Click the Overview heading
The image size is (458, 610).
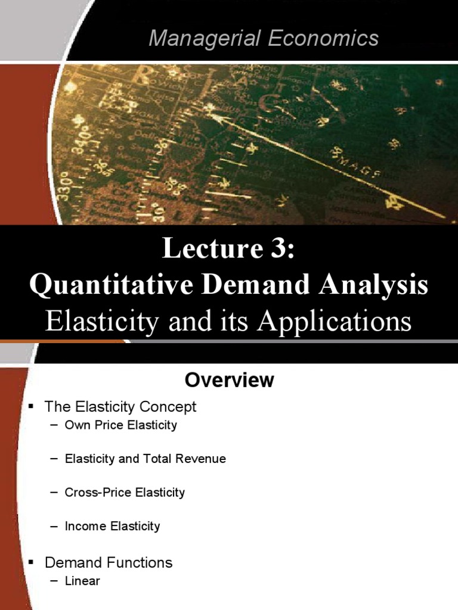tap(229, 380)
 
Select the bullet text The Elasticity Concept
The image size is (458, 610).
tap(120, 407)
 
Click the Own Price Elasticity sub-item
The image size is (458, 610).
tap(121, 425)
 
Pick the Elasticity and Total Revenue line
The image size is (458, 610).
tap(146, 459)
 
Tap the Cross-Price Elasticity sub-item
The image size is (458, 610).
tap(125, 493)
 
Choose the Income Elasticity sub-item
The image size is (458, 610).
tap(113, 526)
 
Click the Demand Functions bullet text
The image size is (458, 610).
tap(109, 562)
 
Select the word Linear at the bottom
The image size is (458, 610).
tap(82, 581)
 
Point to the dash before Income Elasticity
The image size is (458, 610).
tap(55, 526)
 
